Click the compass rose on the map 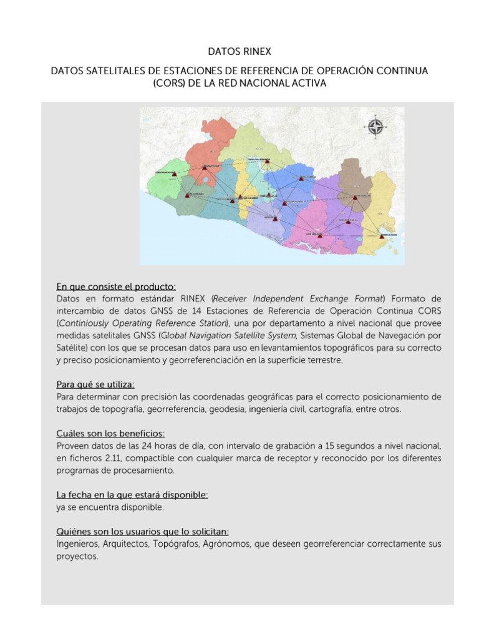[x=376, y=127]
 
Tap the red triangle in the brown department [x=355, y=197]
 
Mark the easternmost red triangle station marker [x=382, y=237]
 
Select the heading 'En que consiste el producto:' [x=116, y=286]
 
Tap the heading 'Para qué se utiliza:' [x=95, y=384]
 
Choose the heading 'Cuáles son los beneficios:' [x=110, y=433]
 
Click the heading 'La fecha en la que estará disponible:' [x=132, y=494]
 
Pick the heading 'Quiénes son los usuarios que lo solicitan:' [x=142, y=531]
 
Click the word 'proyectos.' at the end [x=77, y=557]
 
